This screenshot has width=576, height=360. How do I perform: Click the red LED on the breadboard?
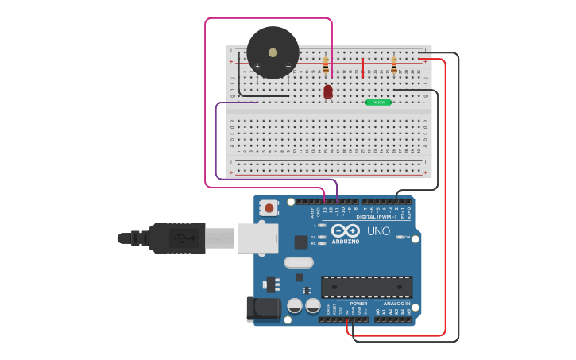tap(328, 91)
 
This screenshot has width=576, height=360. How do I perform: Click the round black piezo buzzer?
tap(273, 52)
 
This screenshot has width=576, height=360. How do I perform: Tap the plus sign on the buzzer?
tap(257, 66)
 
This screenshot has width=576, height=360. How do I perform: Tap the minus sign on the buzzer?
tap(288, 66)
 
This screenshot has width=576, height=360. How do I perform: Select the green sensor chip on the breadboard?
tap(378, 103)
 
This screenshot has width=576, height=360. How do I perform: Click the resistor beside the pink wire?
tap(326, 65)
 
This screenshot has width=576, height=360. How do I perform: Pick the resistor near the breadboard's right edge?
tap(393, 64)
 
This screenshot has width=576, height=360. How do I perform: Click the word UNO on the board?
tap(378, 231)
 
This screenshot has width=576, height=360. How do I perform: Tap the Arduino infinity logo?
tap(346, 230)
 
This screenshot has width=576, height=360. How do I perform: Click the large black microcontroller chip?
tap(366, 287)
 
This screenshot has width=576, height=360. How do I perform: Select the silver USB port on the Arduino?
tap(257, 238)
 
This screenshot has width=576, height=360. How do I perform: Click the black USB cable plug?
tap(178, 238)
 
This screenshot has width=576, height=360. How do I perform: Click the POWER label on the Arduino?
tap(359, 303)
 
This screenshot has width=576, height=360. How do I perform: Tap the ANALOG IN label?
tap(396, 303)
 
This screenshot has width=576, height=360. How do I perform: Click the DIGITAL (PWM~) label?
tap(377, 216)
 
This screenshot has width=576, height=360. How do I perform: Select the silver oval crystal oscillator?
tap(299, 262)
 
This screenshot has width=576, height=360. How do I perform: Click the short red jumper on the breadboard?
tap(363, 68)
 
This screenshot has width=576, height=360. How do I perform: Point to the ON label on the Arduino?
tap(407, 237)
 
